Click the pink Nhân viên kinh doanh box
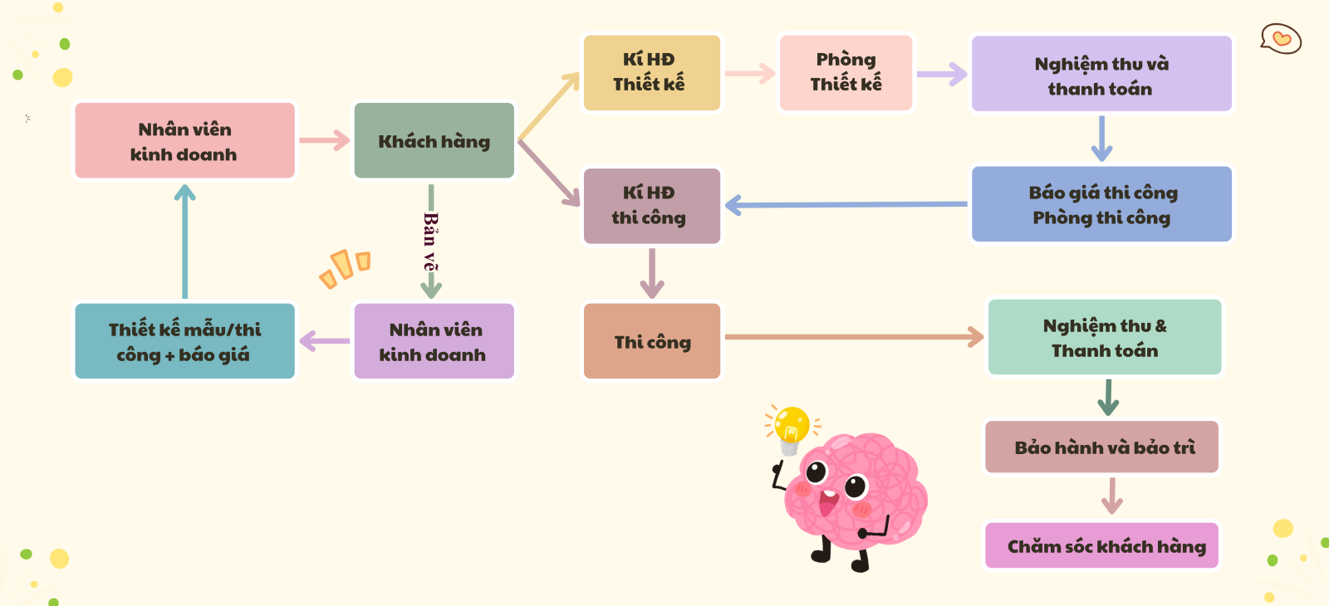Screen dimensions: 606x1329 [184, 141]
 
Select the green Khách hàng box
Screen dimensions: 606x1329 [434, 141]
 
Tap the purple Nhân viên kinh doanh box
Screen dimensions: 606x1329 [434, 341]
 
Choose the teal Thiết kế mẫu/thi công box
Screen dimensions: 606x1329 [184, 341]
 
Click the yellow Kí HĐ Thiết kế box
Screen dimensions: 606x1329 [651, 72]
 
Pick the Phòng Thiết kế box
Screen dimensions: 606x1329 [846, 72]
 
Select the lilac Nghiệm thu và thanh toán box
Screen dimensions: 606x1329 [1101, 75]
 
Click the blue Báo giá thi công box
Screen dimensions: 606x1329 [1101, 204]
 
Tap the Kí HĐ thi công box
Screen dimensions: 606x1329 [651, 206]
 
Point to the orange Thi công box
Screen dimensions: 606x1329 [651, 341]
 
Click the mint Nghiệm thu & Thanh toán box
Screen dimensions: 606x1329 [1105, 338]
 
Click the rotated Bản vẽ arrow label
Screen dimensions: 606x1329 [429, 241]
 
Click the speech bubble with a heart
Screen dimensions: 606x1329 [1281, 39]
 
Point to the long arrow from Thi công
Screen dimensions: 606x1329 [851, 337]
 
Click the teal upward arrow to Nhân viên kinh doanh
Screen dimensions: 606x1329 [184, 241]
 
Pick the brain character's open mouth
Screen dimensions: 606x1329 [827, 501]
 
